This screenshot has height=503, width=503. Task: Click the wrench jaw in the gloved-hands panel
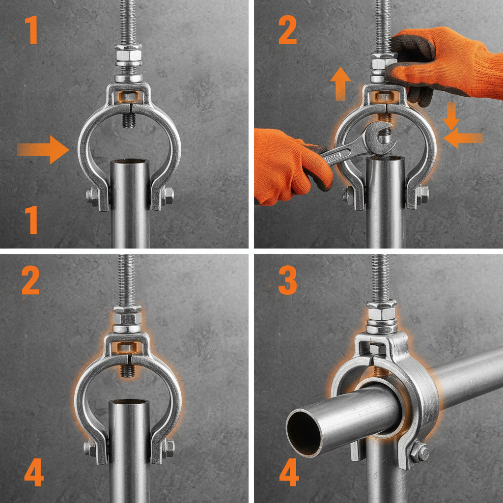pyautogui.click(x=381, y=136)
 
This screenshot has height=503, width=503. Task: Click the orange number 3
pyautogui.click(x=287, y=280)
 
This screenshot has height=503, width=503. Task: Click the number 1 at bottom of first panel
pyautogui.click(x=30, y=220)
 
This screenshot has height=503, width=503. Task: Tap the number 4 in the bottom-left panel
pyautogui.click(x=34, y=473)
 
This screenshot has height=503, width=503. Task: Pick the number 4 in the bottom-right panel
pyautogui.click(x=289, y=473)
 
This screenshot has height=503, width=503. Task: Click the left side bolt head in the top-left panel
pyautogui.click(x=91, y=196)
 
